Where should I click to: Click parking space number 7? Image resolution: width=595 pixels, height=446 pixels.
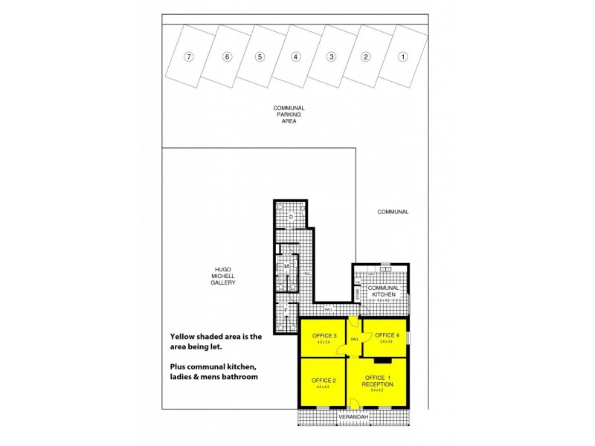tap(190, 56)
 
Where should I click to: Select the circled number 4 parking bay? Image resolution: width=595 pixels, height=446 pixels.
tap(295, 56)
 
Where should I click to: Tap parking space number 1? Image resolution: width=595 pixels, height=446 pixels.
tap(402, 56)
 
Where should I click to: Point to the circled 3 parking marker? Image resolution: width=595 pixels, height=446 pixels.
tap(331, 56)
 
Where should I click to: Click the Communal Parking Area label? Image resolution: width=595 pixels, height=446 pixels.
tap(289, 114)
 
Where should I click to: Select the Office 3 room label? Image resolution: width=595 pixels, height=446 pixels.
tap(322, 336)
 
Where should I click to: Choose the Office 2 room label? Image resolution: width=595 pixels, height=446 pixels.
tap(322, 381)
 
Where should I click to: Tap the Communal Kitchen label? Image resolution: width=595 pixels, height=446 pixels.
tap(384, 291)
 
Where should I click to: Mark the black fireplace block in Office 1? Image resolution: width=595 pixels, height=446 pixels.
tap(382, 361)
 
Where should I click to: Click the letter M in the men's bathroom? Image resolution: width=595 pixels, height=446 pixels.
tap(286, 265)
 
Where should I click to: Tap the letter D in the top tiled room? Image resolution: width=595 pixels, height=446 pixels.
tap(291, 216)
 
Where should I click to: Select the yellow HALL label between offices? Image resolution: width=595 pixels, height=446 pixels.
tap(355, 340)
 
